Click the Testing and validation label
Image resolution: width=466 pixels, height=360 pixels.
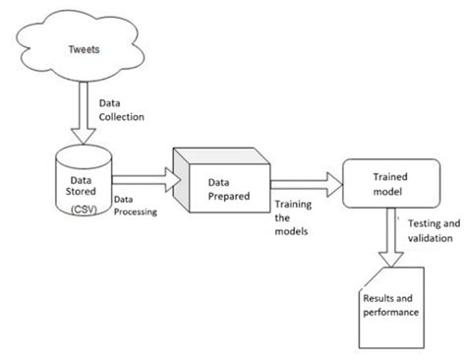pyautogui.click(x=427, y=231)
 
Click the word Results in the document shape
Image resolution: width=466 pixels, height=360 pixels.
pyautogui.click(x=379, y=297)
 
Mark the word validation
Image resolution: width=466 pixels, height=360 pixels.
pyautogui.click(x=427, y=238)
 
